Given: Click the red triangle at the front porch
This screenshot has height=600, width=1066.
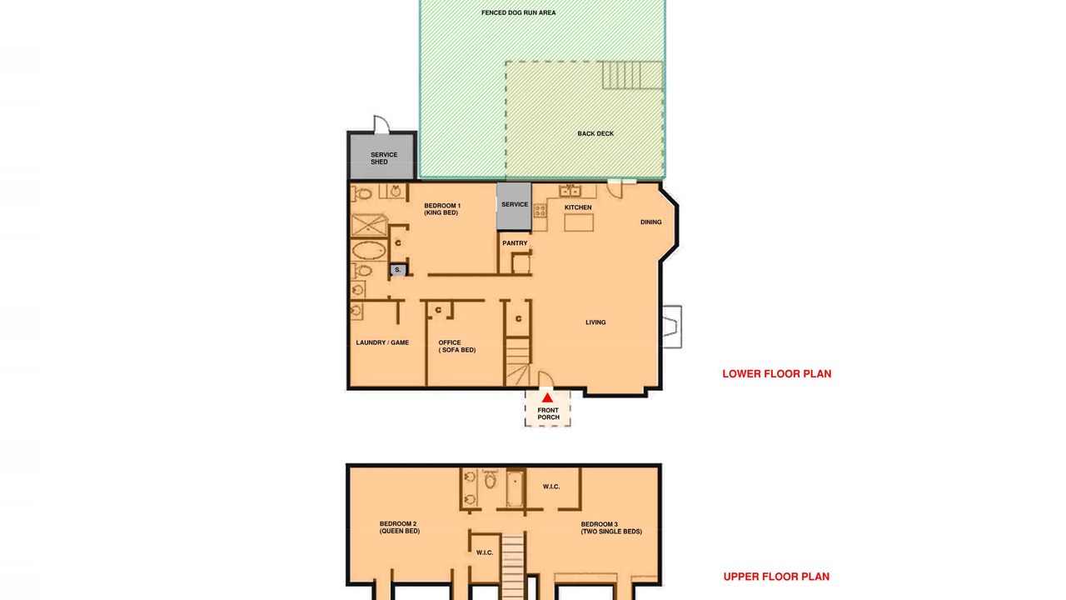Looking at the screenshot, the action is pos(547,397).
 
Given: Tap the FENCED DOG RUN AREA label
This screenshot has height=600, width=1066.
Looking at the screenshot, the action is pos(518,12).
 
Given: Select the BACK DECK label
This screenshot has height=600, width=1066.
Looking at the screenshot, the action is pos(595,134).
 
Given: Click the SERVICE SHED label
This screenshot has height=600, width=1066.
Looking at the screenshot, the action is pos(384,158).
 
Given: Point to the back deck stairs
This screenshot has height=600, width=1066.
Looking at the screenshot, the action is pos(632,75).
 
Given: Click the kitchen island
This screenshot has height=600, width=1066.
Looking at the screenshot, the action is pos(579,222).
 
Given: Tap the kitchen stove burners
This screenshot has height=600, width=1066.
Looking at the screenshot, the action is pos(540,211).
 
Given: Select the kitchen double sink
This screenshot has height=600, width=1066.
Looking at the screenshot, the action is pos(570,191).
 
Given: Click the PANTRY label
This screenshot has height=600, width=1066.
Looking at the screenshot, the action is pos(515,243).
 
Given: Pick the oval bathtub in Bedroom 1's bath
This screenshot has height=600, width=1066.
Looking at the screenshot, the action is pos(369,251).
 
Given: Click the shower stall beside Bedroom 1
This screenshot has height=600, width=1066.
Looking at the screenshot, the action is pos(369,225).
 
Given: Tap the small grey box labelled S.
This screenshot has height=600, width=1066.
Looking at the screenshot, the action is pos(398,270).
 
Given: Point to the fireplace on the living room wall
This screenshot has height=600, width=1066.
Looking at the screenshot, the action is pos(671,327).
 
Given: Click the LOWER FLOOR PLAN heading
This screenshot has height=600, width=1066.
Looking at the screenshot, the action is pos(777,374).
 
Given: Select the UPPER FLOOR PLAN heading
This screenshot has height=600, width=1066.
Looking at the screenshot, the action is pos(776,577).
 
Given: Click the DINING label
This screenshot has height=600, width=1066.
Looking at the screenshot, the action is pos(650,222).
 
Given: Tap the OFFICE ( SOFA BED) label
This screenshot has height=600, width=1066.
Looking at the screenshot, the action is pos(457,346).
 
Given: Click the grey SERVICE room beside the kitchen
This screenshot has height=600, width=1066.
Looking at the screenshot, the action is pos(514,206).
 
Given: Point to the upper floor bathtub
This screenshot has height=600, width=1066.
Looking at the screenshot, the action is pos(515,488).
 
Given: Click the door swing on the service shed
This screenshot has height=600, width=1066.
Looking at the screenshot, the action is pos(381,124).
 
